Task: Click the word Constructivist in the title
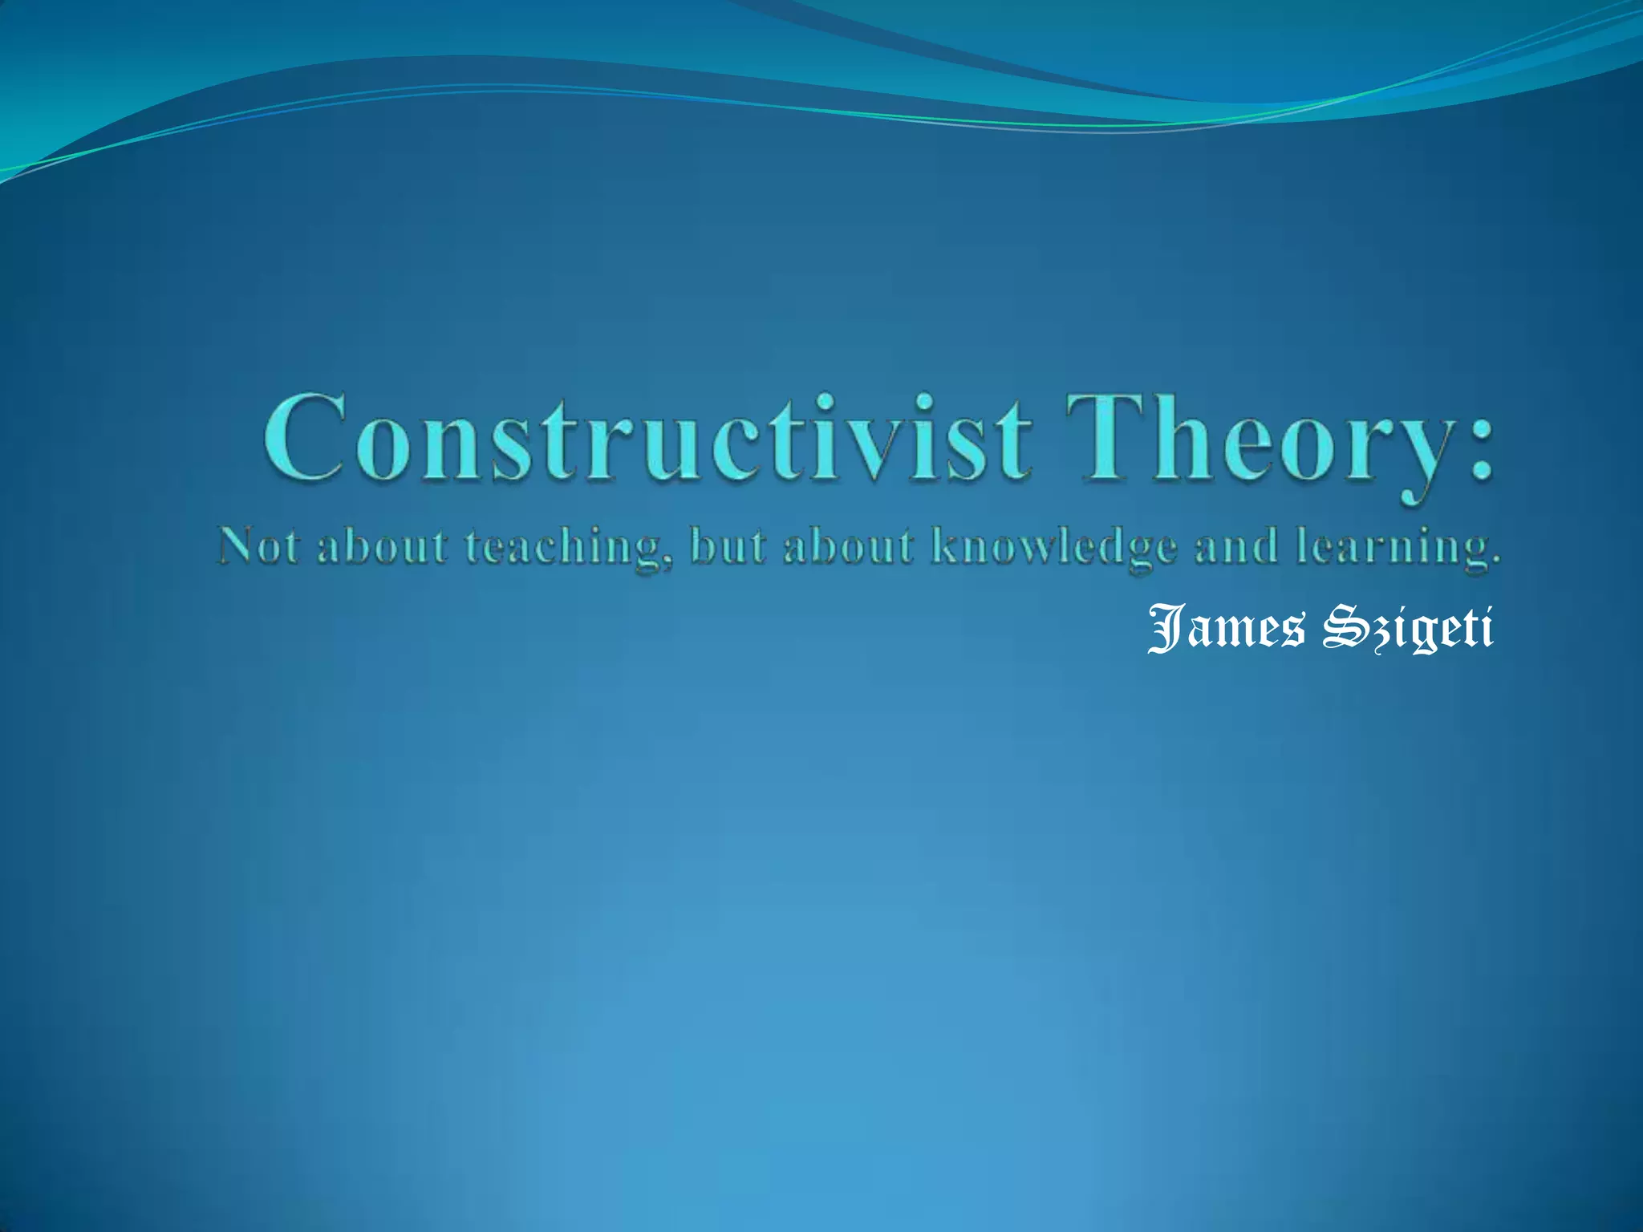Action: (x=646, y=439)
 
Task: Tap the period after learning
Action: (x=1495, y=561)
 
